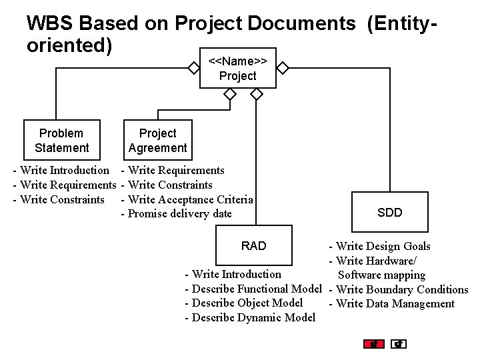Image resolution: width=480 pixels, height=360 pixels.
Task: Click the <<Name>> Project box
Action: (x=237, y=69)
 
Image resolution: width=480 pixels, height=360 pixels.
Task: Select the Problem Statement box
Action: (x=61, y=141)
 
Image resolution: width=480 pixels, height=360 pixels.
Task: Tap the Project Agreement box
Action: (x=158, y=141)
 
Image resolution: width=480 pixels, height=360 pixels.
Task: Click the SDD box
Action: (x=389, y=213)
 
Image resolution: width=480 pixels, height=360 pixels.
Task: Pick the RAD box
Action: (x=253, y=246)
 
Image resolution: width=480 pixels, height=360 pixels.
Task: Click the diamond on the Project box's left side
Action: (x=193, y=68)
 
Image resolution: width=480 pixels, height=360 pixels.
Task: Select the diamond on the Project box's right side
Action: (x=283, y=68)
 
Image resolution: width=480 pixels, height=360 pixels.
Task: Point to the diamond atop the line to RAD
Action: (x=257, y=95)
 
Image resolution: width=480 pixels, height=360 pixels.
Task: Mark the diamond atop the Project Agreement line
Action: (x=230, y=95)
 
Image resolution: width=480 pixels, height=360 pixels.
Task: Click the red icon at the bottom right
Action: (x=374, y=344)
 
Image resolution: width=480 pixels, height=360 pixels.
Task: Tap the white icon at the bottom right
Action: (x=399, y=344)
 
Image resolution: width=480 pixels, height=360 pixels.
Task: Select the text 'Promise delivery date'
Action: (x=179, y=214)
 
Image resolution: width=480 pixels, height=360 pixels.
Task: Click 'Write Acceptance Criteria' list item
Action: (x=190, y=199)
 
